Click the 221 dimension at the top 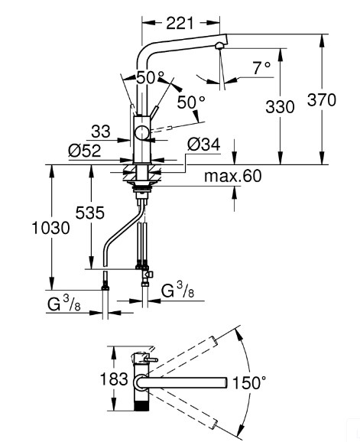click(x=180, y=23)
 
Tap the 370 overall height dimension click(x=322, y=99)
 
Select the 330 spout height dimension click(x=280, y=107)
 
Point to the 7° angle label click(x=261, y=68)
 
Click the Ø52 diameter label click(x=85, y=151)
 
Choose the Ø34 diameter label click(x=204, y=145)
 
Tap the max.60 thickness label click(x=233, y=176)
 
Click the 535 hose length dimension click(x=90, y=213)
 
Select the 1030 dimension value click(x=50, y=228)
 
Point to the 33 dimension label click(x=101, y=132)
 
